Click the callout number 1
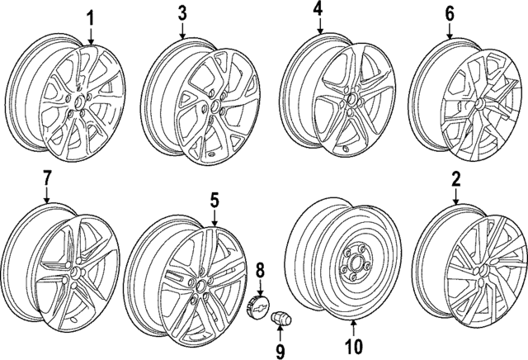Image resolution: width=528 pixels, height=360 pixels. tap(91, 17)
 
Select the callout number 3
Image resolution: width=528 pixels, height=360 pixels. tap(182, 12)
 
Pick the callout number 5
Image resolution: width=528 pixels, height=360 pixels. tap(214, 201)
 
